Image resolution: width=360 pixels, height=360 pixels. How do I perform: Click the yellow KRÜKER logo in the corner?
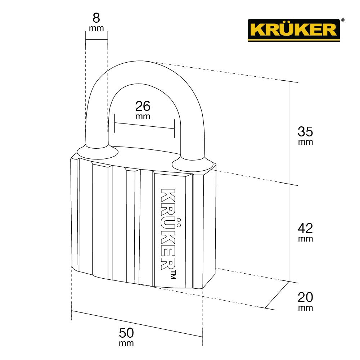[293, 30]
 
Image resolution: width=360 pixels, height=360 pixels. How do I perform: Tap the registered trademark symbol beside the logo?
[343, 21]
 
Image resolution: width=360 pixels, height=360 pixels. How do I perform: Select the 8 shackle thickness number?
[96, 18]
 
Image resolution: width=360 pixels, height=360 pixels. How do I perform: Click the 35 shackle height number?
[305, 131]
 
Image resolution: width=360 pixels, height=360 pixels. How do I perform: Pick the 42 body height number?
[305, 228]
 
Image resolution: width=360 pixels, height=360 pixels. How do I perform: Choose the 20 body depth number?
[305, 297]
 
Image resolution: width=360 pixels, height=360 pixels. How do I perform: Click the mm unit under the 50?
[126, 343]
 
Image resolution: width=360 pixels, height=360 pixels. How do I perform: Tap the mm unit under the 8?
[96, 28]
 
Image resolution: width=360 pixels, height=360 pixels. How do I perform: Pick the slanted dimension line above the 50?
[137, 324]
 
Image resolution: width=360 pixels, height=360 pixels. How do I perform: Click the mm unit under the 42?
[305, 239]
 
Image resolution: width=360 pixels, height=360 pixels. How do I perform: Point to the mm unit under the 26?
[143, 117]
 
